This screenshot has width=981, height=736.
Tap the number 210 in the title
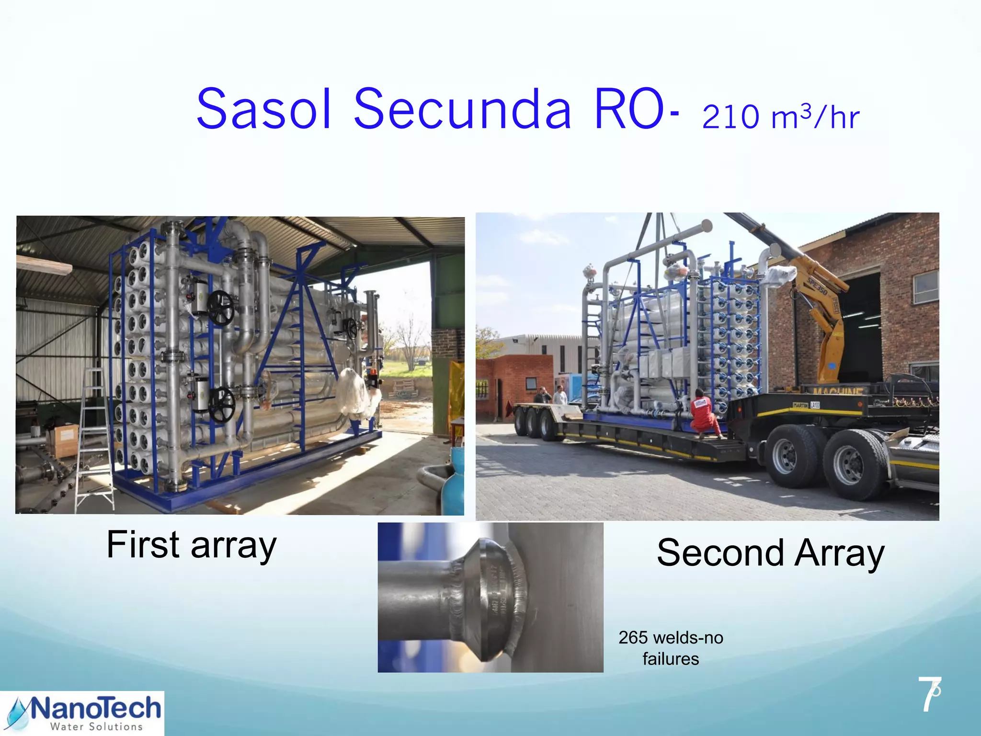tap(730, 117)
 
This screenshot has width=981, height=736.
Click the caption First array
tap(192, 545)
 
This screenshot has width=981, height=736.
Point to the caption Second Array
tap(770, 553)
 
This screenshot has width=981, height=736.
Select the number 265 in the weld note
tap(633, 638)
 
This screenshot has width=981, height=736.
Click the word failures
tap(671, 659)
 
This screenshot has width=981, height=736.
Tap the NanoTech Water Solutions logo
tap(82, 713)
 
